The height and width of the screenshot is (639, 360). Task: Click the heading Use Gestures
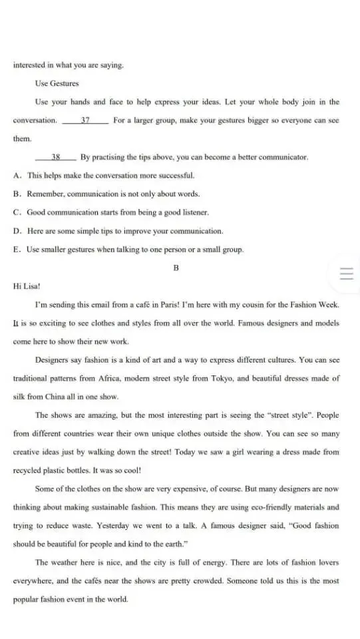click(57, 83)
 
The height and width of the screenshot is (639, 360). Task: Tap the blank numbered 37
click(85, 120)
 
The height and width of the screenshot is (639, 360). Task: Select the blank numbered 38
click(56, 158)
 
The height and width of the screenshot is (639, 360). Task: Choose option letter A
click(16, 176)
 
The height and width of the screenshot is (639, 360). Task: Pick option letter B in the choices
click(16, 194)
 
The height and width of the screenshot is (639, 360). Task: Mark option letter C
click(16, 213)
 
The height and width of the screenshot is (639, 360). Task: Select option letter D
click(16, 231)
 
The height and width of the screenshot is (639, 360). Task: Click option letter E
click(16, 250)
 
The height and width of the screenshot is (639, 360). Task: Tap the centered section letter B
click(176, 268)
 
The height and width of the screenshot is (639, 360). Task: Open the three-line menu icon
click(346, 274)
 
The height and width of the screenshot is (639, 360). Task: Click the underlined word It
click(16, 323)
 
